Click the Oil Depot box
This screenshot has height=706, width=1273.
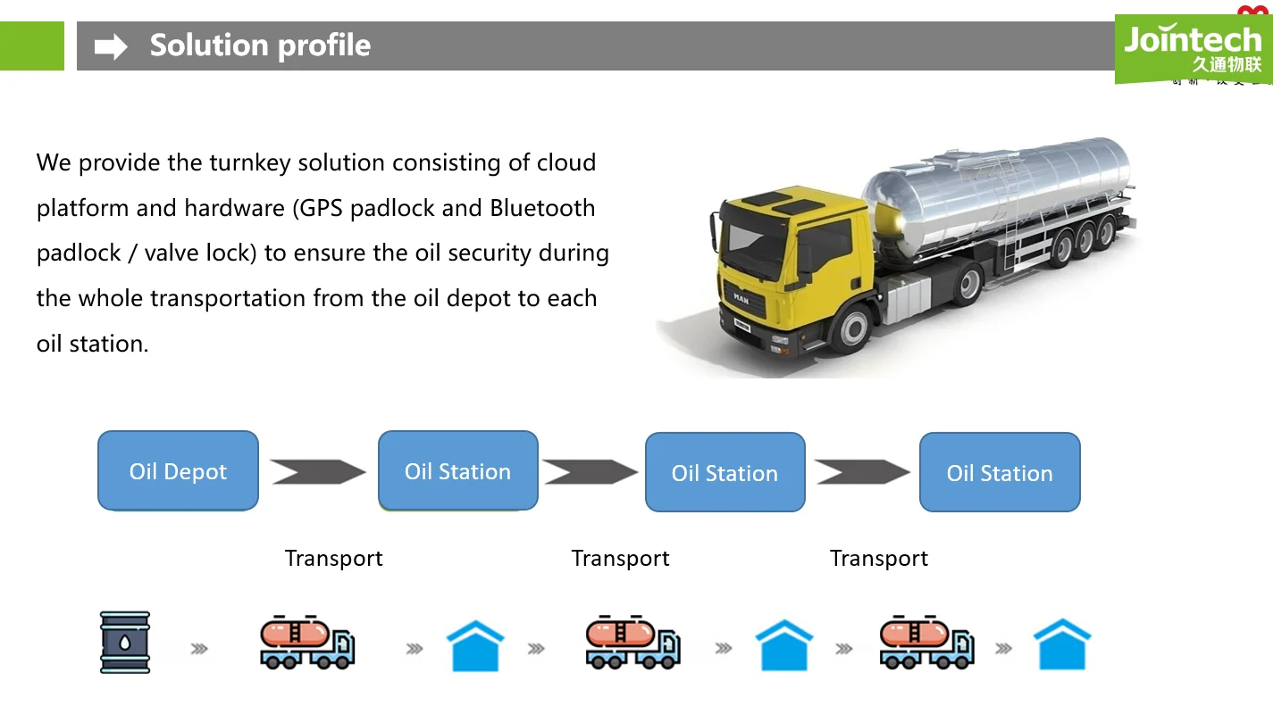click(178, 471)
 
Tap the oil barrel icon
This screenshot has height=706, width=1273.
click(125, 642)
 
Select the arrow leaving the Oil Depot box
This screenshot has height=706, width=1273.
click(317, 471)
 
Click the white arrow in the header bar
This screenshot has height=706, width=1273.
click(112, 46)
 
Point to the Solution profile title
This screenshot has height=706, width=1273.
click(260, 46)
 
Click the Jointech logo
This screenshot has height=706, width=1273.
click(1192, 40)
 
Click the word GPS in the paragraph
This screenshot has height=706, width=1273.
click(321, 208)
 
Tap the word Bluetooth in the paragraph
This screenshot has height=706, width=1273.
click(542, 208)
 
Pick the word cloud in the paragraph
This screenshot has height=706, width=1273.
click(566, 163)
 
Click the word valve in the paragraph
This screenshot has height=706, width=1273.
click(172, 253)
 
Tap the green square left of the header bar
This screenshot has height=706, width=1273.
click(32, 46)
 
